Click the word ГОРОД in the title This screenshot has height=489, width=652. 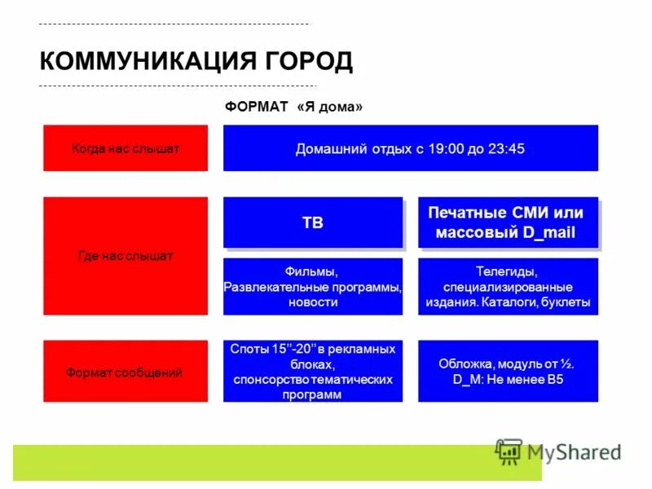pyautogui.click(x=308, y=61)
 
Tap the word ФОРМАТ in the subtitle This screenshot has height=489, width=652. pyautogui.click(x=256, y=108)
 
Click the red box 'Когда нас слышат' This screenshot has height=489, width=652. pyautogui.click(x=126, y=148)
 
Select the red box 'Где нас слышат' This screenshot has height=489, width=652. pyautogui.click(x=126, y=256)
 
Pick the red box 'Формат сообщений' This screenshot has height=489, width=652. pyautogui.click(x=126, y=372)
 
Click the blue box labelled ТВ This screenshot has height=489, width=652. pyautogui.click(x=313, y=222)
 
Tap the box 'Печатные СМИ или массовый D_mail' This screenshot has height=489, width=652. pyautogui.click(x=507, y=222)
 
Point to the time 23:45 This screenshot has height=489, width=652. pyautogui.click(x=505, y=148)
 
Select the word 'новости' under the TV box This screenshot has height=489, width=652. pyautogui.click(x=312, y=302)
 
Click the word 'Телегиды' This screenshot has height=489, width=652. pyautogui.click(x=507, y=272)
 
